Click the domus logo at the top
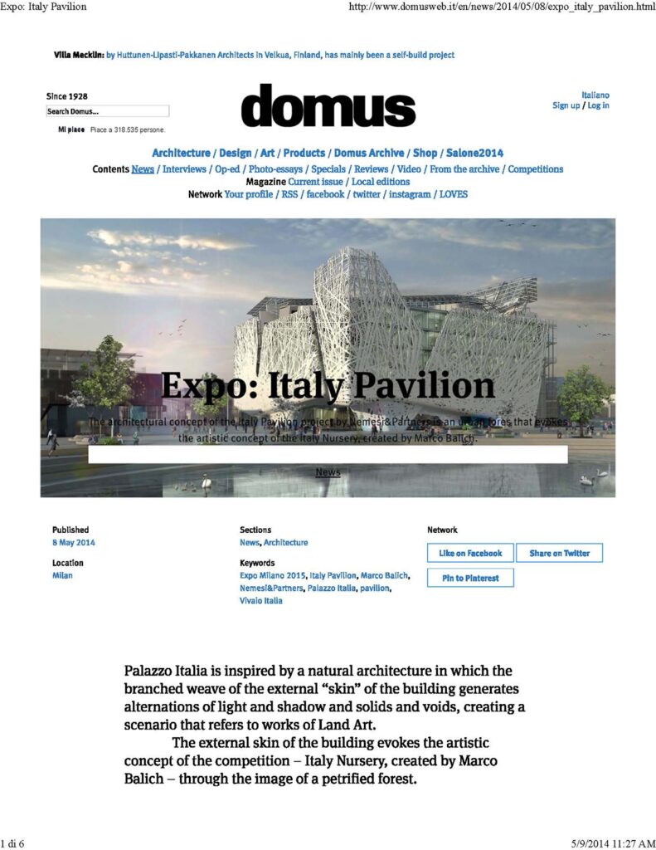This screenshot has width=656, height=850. tap(328, 106)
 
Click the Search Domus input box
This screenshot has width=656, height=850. tap(107, 111)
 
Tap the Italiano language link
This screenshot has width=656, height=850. tap(595, 95)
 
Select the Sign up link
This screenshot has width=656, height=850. tap(566, 105)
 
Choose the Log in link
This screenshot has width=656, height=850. tap(598, 105)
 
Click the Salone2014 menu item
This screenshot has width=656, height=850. tap(474, 153)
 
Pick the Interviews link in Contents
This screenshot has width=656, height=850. tap(184, 169)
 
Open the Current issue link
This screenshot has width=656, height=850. tap(316, 182)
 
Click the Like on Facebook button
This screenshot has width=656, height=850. tap(470, 553)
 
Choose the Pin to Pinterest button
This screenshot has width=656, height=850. tap(470, 578)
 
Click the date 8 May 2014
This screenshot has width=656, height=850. tap(74, 543)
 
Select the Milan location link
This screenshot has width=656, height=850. tap(62, 576)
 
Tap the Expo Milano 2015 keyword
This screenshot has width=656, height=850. tap(273, 576)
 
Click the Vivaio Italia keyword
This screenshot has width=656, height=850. tap(260, 601)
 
